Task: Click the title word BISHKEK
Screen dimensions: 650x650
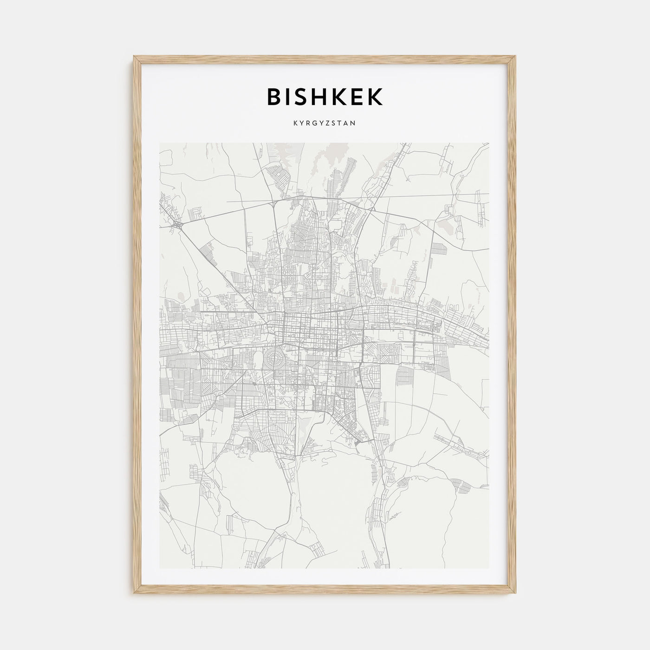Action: tap(325, 97)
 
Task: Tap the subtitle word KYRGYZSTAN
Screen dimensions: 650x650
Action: tap(325, 124)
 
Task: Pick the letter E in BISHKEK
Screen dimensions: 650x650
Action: tap(357, 97)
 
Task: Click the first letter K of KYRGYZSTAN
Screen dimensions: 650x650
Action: tap(295, 124)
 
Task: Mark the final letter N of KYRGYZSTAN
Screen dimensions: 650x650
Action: tap(354, 124)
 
